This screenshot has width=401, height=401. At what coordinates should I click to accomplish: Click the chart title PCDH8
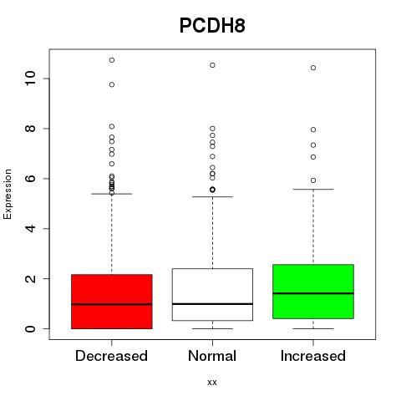click(212, 26)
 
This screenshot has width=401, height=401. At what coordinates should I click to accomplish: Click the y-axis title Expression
click(8, 194)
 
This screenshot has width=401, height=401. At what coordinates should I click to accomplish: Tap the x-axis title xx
click(212, 383)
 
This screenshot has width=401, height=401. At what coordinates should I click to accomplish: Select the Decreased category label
click(111, 356)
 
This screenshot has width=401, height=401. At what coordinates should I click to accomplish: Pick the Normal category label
click(212, 356)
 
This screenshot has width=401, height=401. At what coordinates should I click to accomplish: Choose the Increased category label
click(313, 356)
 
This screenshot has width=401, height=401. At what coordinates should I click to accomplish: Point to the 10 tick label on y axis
click(31, 79)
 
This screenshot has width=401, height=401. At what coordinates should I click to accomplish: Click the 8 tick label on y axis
click(31, 129)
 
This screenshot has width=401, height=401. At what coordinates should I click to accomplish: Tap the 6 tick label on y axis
click(31, 178)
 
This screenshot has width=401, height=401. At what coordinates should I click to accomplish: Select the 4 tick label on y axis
click(31, 229)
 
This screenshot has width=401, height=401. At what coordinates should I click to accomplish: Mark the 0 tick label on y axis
click(31, 328)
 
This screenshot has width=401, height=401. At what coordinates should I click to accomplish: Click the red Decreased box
click(112, 302)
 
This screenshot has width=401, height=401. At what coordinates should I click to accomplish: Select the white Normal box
click(212, 295)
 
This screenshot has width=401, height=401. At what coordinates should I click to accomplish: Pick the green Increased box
click(313, 292)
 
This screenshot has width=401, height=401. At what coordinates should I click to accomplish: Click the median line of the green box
click(313, 293)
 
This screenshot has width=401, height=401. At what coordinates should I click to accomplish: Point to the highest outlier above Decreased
click(112, 60)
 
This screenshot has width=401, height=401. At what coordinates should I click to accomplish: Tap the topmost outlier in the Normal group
click(212, 65)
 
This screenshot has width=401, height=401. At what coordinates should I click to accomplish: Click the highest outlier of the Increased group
click(313, 68)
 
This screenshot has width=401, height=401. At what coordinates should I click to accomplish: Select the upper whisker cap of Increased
click(313, 189)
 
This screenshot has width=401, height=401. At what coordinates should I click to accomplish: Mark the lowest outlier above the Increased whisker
click(313, 180)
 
